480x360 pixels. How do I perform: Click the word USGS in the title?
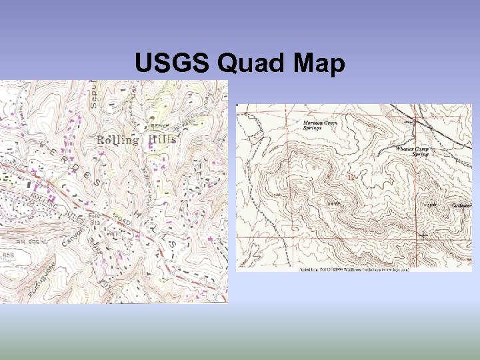(x=172, y=64)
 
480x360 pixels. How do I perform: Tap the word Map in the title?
(x=317, y=64)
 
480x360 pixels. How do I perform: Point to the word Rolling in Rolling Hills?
(x=118, y=140)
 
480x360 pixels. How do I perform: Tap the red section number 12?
(x=352, y=177)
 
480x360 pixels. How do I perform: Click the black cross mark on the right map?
(x=423, y=235)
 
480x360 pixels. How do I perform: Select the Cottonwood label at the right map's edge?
(x=461, y=205)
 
